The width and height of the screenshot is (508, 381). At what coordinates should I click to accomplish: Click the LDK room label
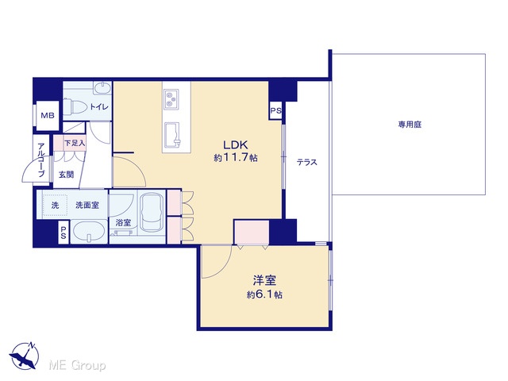click(236, 144)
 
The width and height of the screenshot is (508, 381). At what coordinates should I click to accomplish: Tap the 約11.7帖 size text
click(236, 158)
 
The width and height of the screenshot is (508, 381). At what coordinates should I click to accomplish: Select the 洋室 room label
click(264, 280)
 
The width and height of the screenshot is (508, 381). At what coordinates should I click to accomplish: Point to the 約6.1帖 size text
click(264, 294)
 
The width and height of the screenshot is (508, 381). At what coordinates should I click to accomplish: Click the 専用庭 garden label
click(410, 125)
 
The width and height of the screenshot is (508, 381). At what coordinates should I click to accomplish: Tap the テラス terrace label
click(307, 162)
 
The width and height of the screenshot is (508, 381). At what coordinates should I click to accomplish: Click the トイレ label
click(99, 106)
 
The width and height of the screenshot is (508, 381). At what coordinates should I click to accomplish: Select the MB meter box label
click(48, 115)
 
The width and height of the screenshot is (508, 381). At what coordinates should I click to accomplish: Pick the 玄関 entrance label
click(66, 175)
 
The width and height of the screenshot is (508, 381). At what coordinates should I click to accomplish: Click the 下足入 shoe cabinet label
click(75, 143)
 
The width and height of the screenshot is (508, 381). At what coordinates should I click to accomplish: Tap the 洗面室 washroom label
click(87, 205)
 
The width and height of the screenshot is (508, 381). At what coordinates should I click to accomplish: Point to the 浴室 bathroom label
click(124, 222)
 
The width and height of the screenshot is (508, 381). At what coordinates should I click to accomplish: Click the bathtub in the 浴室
click(152, 213)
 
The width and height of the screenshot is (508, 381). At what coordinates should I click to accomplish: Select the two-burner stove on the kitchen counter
click(171, 98)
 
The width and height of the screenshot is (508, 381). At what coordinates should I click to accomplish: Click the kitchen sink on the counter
click(172, 134)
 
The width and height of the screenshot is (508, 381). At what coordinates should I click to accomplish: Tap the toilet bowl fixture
click(75, 106)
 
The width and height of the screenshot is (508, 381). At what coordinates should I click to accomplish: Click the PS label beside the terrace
click(276, 111)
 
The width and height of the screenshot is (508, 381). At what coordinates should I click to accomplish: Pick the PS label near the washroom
click(63, 233)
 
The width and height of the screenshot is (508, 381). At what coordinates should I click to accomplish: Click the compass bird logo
click(25, 356)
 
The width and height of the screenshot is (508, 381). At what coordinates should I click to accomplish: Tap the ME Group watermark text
click(77, 366)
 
